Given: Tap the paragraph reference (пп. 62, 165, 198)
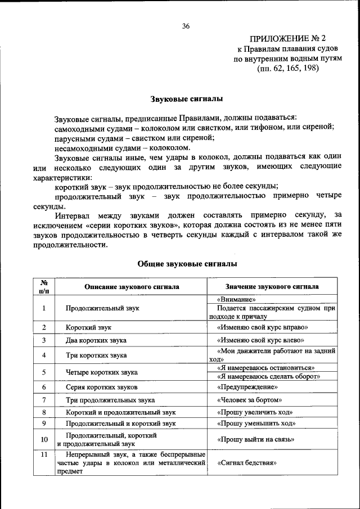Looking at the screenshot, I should pos(287,69).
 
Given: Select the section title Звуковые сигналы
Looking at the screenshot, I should pos(186,99).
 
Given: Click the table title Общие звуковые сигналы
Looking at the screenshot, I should pos(187,263).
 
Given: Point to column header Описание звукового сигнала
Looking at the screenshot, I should pos(132,286).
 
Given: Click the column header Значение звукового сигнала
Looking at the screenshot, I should pos(272,286).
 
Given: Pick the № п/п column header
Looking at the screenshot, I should pos(44,286).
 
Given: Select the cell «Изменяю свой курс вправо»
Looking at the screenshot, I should pos(262,327).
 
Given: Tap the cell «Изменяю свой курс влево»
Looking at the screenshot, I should pos(260,340).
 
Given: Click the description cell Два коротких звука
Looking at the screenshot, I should pos(96,340).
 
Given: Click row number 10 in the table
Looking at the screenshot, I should pos(44,439).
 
